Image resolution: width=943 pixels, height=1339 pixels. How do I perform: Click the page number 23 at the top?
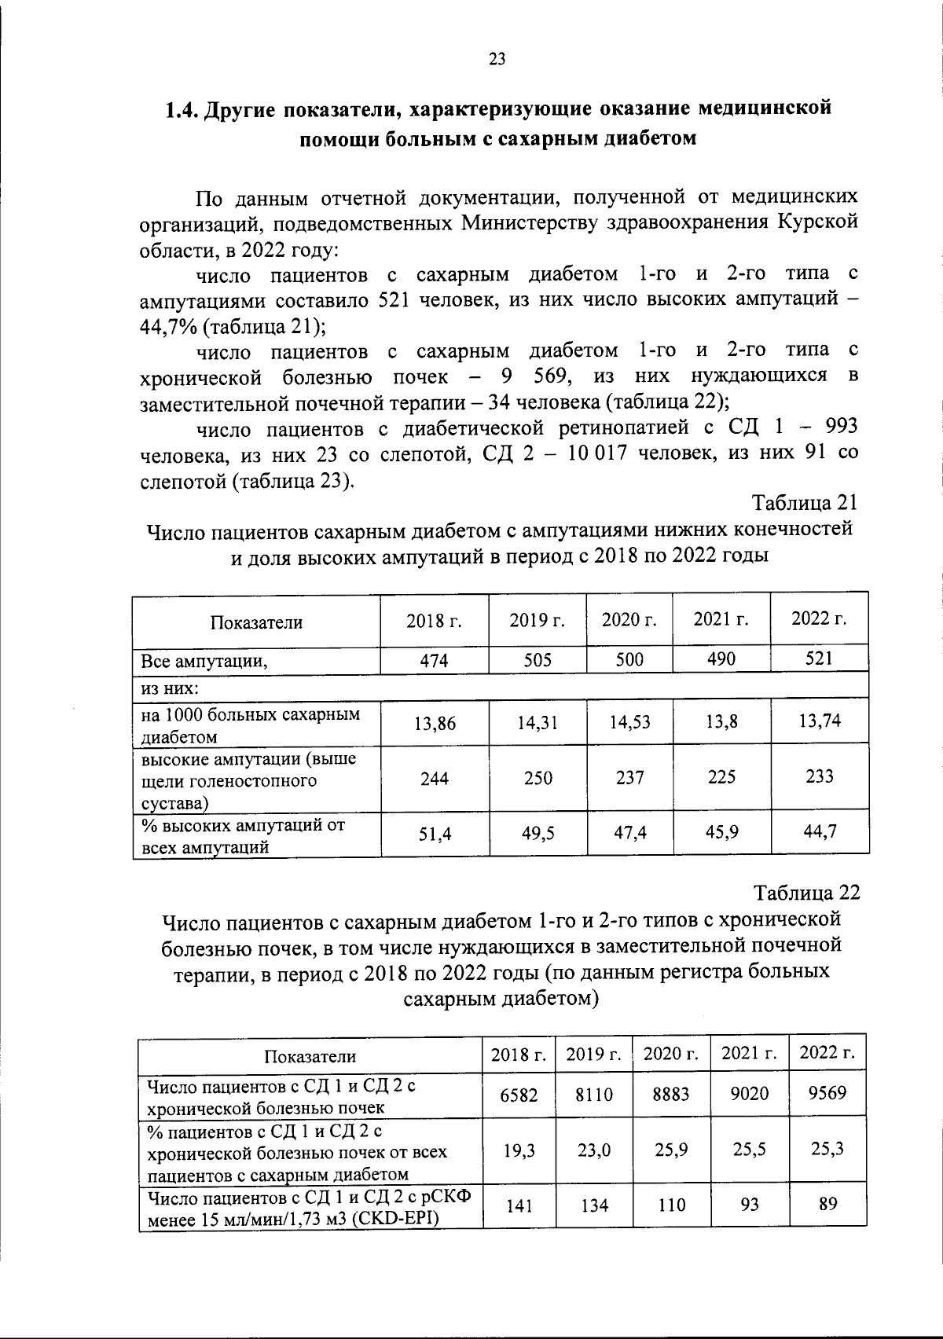(497, 60)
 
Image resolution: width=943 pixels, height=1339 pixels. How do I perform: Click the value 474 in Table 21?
(434, 661)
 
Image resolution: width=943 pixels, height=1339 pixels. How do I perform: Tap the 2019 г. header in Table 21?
(538, 620)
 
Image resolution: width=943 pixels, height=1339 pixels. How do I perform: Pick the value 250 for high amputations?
(538, 778)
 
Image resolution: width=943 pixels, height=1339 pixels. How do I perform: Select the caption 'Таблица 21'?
(805, 502)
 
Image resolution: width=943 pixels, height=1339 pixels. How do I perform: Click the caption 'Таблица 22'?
(807, 893)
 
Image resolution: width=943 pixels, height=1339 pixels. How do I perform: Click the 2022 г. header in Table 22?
(827, 1052)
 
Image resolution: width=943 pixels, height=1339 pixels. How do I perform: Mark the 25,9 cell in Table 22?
(670, 1150)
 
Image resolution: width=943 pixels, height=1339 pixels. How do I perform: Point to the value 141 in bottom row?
(519, 1205)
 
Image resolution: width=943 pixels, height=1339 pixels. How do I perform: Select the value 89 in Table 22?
(827, 1203)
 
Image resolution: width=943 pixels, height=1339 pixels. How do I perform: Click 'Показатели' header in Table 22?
(310, 1057)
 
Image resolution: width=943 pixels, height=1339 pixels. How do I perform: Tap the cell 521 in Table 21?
(819, 658)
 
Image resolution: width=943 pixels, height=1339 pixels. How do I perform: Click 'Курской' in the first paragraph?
(817, 222)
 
